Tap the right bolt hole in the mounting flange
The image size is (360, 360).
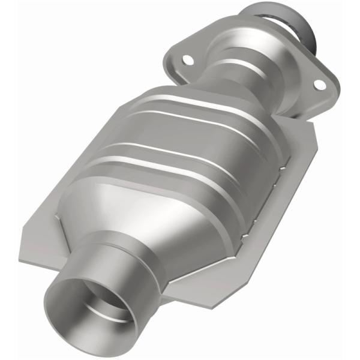click(x=319, y=85)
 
